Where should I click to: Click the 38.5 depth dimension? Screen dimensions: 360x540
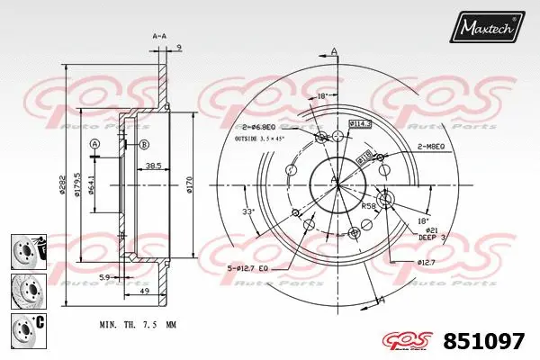tap(153, 166)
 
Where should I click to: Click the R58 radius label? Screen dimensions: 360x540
tap(368, 206)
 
